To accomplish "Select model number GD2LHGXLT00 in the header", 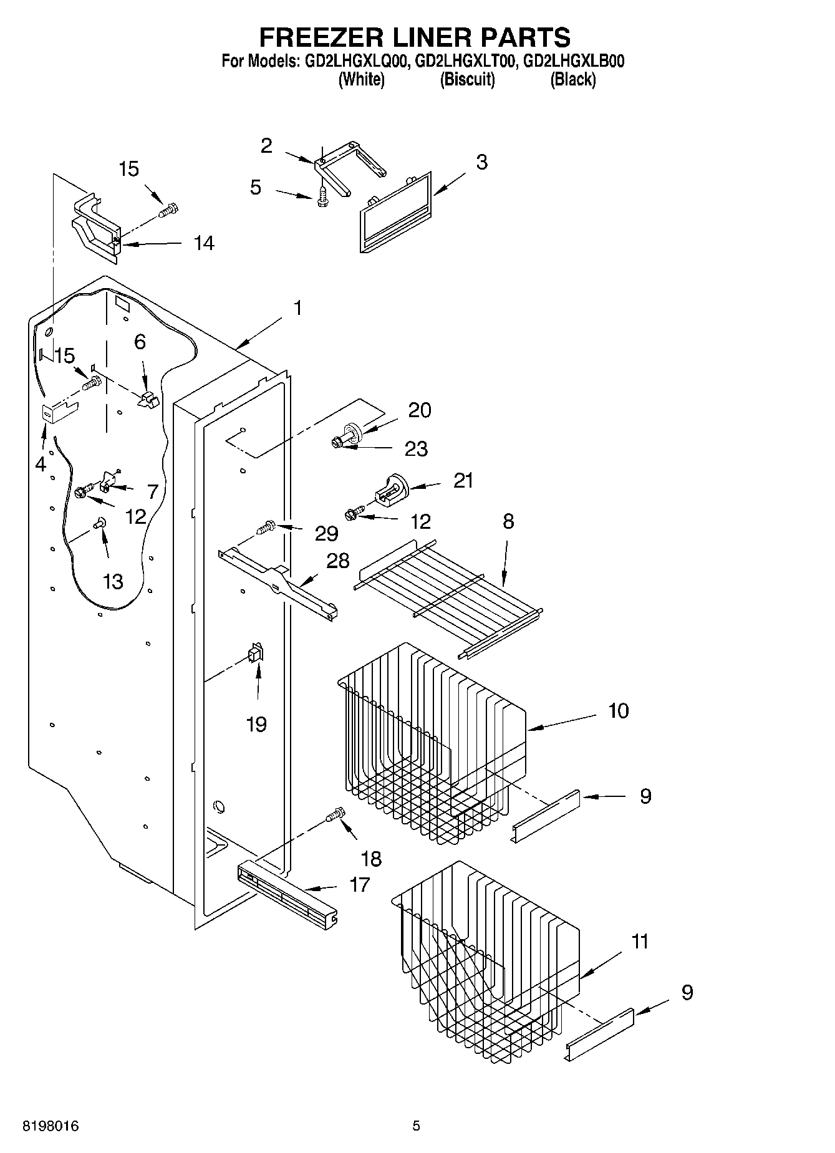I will pos(465,61).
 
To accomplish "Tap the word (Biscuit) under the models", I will pos(467,80).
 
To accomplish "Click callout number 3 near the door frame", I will pos(481,162).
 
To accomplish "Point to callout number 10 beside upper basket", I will pos(618,711).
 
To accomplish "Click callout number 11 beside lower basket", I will pos(640,941).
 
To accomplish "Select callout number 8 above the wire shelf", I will pos(508,521).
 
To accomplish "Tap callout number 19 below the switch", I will pos(256,725).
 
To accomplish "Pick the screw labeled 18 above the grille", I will pos(335,814).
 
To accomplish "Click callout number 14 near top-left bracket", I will pos(203,243).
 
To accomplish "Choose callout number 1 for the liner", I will pos(297,308).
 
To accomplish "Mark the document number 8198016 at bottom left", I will pos(51,1126).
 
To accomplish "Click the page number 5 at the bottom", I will pos(416,1126).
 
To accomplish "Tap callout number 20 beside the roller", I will pos(420,410).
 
